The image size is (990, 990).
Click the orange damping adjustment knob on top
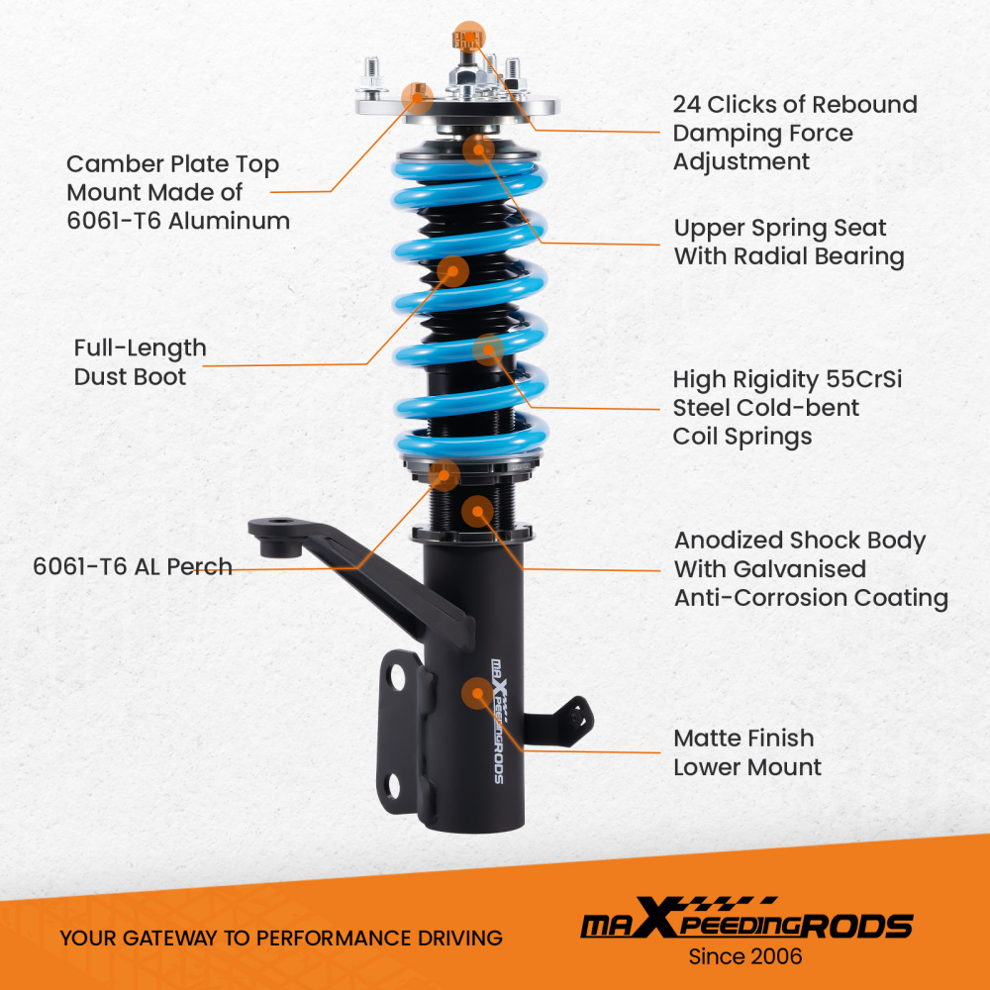[x=467, y=38]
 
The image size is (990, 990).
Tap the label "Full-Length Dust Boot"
[x=140, y=362]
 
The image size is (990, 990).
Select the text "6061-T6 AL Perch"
[x=133, y=567]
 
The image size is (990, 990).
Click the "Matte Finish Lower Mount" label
[x=746, y=752]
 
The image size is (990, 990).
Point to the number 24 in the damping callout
[x=688, y=105]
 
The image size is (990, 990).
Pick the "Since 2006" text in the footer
[x=745, y=956]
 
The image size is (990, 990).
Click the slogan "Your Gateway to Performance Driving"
[x=281, y=938]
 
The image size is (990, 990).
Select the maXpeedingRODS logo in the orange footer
[x=745, y=924]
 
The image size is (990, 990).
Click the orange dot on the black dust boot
[x=452, y=271]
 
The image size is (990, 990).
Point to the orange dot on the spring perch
[x=445, y=475]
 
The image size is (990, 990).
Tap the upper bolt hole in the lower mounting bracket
[x=397, y=677]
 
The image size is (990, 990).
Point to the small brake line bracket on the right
[x=568, y=715]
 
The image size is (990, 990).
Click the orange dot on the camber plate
[x=417, y=93]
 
